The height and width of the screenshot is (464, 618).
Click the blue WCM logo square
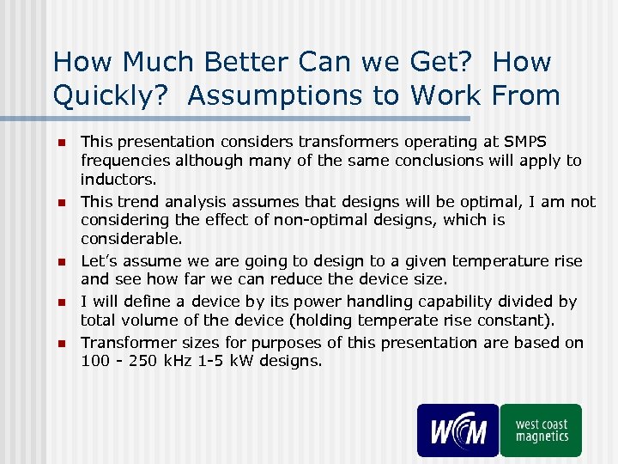457,430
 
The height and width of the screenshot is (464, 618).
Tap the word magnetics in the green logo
542,437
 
